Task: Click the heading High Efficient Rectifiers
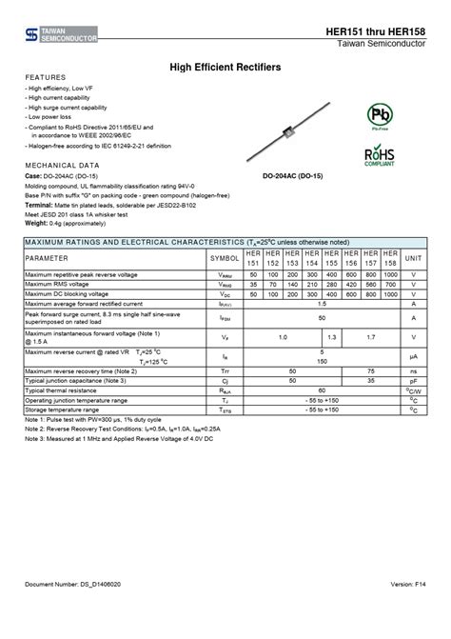point(225,67)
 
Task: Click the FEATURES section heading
point(46,76)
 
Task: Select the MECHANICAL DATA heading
point(63,166)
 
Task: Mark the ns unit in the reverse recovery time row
point(414,370)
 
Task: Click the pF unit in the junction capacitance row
point(414,380)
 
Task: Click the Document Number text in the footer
point(72,609)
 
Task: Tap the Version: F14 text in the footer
point(407,609)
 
